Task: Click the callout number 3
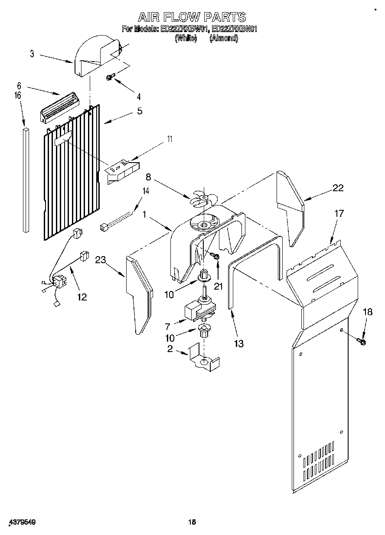point(32,54)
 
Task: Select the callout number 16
point(18,96)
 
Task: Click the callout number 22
point(338,188)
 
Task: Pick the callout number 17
point(339,213)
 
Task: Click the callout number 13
point(238,344)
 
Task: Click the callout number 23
point(100,260)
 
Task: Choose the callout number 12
point(82,297)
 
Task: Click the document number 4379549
point(21,522)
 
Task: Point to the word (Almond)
point(224,38)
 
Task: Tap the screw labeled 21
point(215,258)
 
